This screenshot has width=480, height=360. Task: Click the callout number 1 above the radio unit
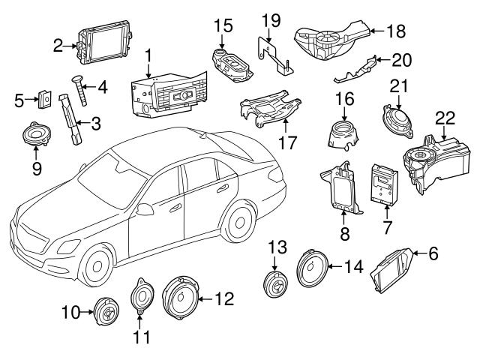click(x=148, y=55)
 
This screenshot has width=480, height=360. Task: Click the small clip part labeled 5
click(x=46, y=98)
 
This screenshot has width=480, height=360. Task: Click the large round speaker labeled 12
click(x=181, y=300)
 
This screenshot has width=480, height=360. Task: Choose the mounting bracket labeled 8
click(x=340, y=187)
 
